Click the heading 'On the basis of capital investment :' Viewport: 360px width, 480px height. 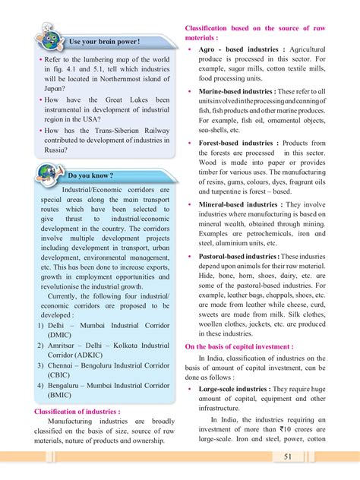pos(239,346)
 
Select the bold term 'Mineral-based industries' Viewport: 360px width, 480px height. pos(239,204)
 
